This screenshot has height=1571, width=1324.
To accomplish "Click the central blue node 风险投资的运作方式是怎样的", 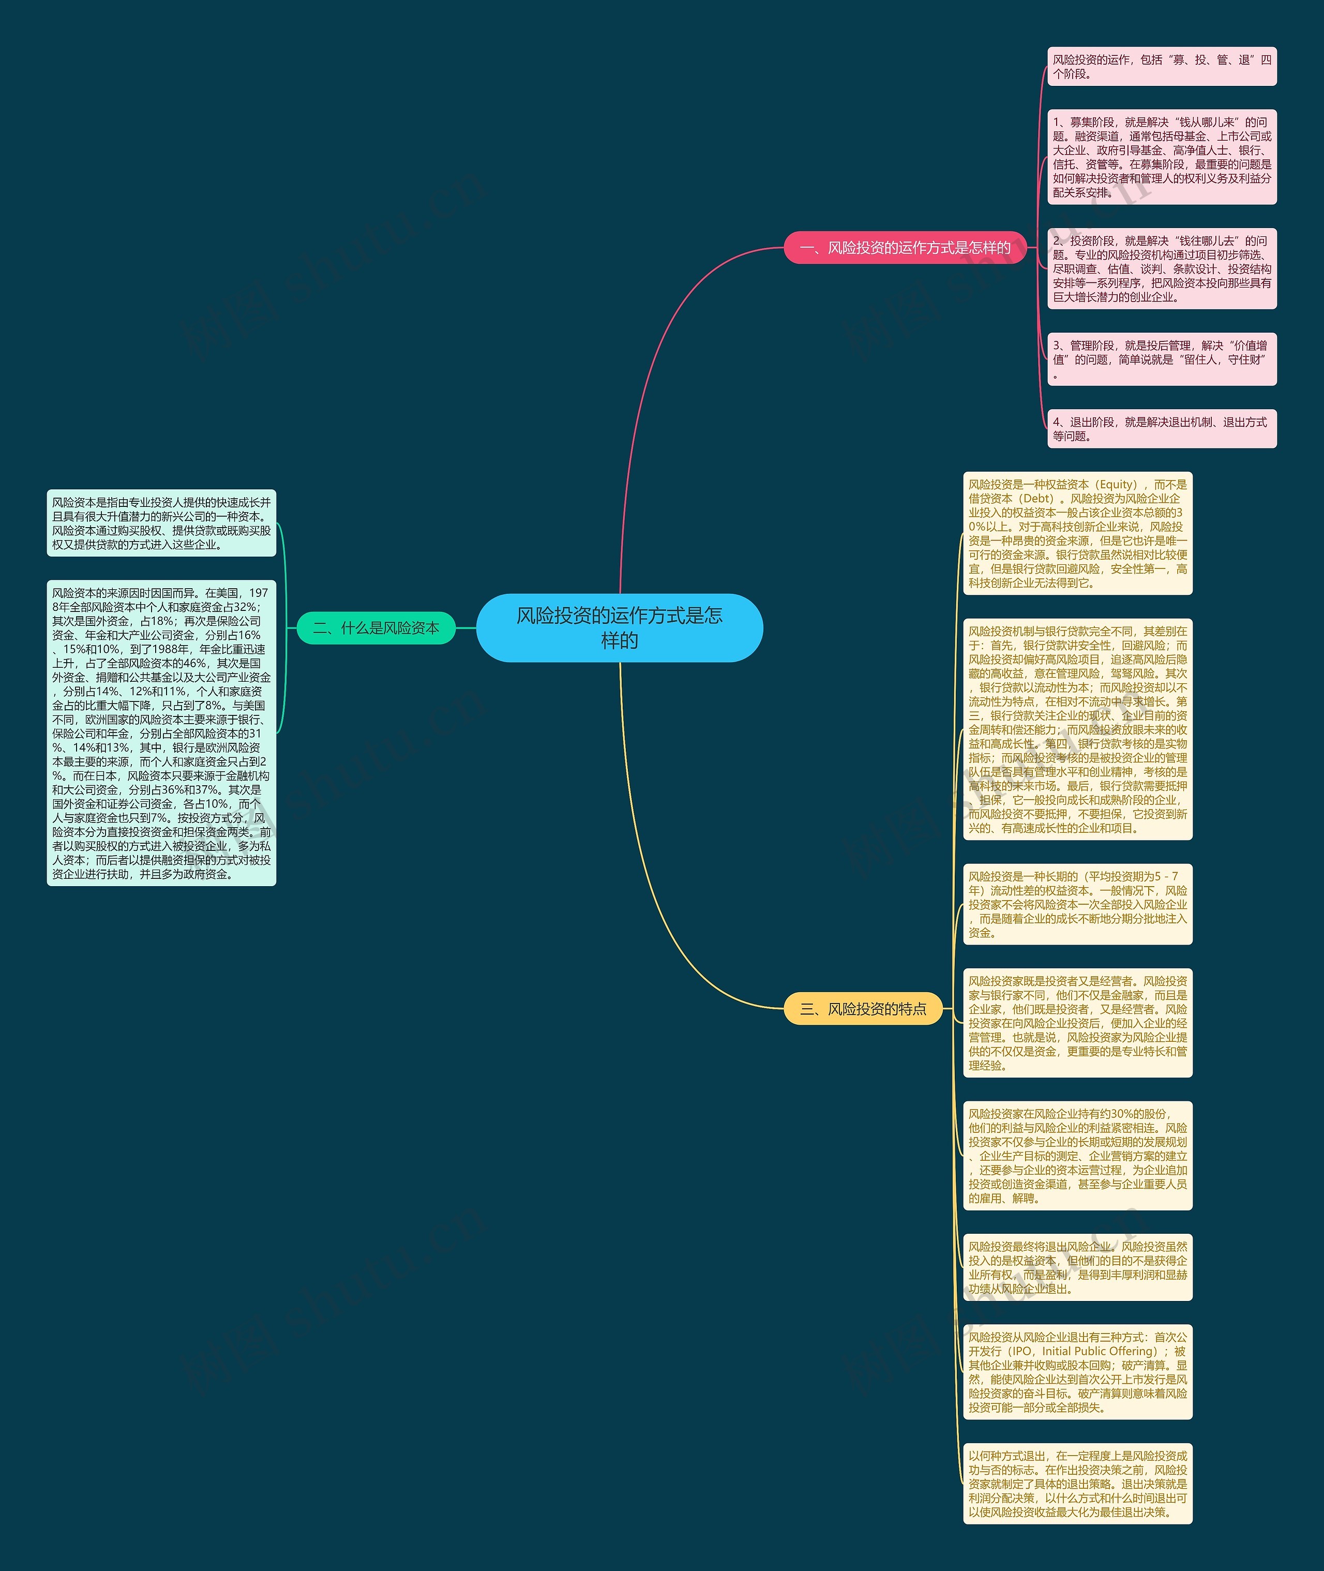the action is (619, 627).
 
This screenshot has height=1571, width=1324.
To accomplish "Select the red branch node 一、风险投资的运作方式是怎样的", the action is (905, 248).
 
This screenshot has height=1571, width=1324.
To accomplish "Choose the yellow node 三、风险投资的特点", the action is (862, 1009).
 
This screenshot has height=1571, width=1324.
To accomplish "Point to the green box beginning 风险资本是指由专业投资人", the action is (161, 523).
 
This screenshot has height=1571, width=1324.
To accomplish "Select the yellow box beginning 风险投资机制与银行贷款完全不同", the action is (1077, 729).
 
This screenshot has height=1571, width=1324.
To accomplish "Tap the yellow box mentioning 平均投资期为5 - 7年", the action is (1077, 904).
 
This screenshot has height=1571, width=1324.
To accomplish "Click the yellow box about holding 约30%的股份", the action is (1077, 1156).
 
